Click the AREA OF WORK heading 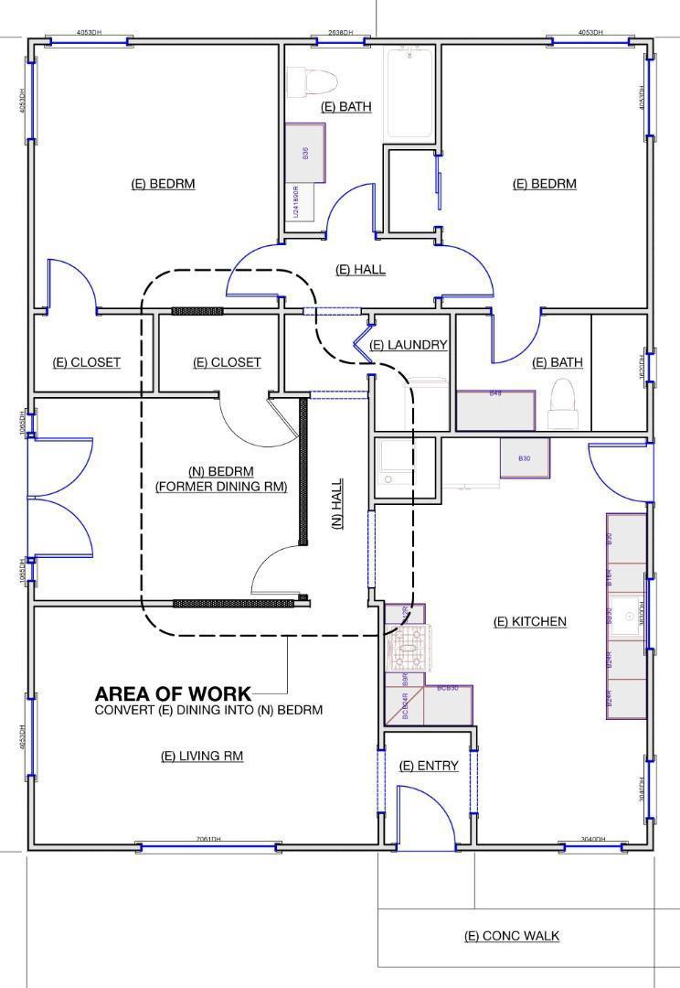tap(172, 694)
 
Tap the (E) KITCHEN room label tap(529, 622)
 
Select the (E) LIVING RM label tap(202, 756)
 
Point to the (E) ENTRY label tap(429, 766)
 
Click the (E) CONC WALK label tap(512, 935)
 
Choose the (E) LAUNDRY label tap(409, 345)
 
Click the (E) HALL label tap(360, 270)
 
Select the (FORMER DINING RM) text tap(221, 487)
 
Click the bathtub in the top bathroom tap(409, 93)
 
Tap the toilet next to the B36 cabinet tap(301, 82)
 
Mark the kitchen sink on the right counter tap(629, 617)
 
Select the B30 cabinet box tap(524, 457)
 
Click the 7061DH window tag tap(208, 839)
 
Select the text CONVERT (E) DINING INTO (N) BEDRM tap(208, 710)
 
